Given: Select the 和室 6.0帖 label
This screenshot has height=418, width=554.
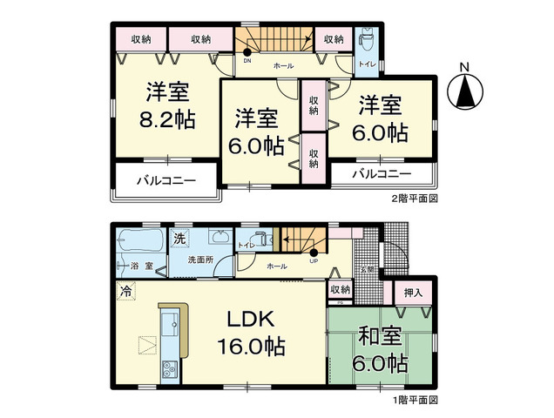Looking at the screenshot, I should pos(379,347).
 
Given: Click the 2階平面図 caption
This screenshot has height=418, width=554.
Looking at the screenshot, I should pos(414,198).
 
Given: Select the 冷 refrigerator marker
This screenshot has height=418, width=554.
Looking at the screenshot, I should pos(127,291).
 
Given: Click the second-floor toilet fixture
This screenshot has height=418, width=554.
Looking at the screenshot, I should pos(366,41).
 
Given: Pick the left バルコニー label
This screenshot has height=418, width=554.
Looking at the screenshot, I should pos(166,183).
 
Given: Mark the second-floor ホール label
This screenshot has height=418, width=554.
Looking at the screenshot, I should pos(283,66).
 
